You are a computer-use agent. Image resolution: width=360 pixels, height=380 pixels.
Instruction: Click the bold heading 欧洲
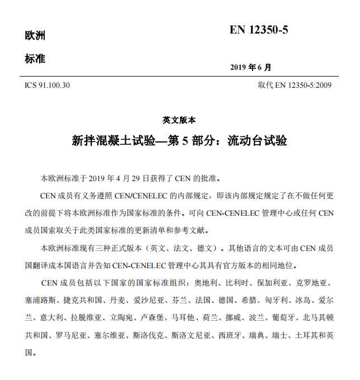pyautogui.click(x=35, y=36)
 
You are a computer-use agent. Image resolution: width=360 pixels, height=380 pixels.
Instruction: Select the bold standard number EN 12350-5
pyautogui.click(x=259, y=30)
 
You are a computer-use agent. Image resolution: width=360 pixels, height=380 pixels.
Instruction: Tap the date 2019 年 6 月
pyautogui.click(x=250, y=68)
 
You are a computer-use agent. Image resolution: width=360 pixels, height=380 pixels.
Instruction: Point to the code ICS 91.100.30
pyautogui.click(x=48, y=85)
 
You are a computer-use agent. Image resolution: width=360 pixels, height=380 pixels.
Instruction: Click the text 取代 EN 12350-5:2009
pyautogui.click(x=295, y=85)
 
